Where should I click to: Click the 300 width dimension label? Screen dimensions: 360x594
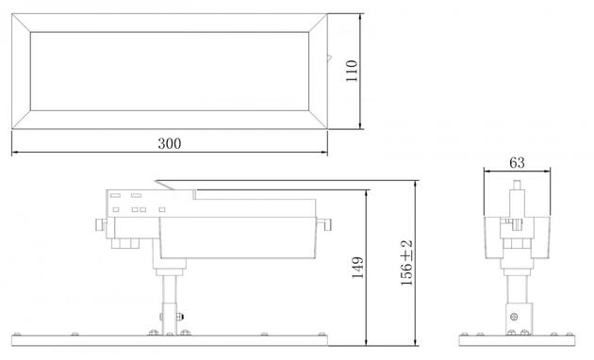pos(169,143)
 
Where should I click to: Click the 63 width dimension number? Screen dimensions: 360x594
pos(517,162)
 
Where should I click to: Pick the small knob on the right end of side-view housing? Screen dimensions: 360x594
pos(326,225)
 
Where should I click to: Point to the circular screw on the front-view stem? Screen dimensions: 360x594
pos(515,316)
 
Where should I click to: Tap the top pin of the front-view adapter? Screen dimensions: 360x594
pos(515,187)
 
